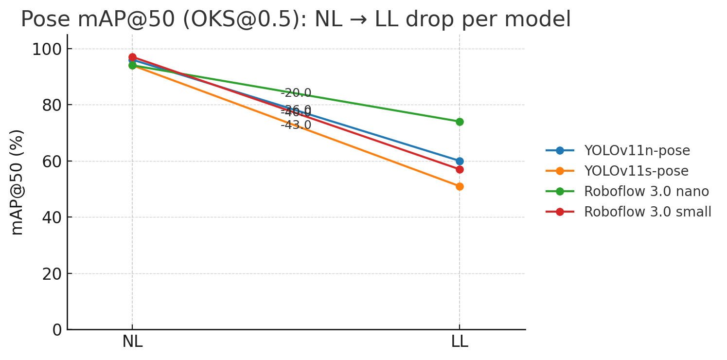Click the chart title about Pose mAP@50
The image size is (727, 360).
pyautogui.click(x=296, y=19)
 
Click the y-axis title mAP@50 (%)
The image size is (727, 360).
pyautogui.click(x=17, y=182)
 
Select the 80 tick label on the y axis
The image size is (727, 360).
pyautogui.click(x=51, y=105)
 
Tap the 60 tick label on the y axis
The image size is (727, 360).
pyautogui.click(x=51, y=162)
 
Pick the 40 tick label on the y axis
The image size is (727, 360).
pyautogui.click(x=51, y=217)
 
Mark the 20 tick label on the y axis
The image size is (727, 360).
pyautogui.click(x=51, y=274)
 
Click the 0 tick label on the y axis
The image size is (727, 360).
pyautogui.click(x=57, y=330)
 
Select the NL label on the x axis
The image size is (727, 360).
pyautogui.click(x=132, y=342)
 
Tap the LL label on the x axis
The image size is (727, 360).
pyautogui.click(x=460, y=342)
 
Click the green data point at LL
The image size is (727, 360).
pyautogui.click(x=460, y=122)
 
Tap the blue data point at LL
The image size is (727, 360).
pyautogui.click(x=460, y=161)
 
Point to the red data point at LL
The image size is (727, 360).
pyautogui.click(x=460, y=169)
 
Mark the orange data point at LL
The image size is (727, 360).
pyautogui.click(x=460, y=186)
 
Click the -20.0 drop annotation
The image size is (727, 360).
pyautogui.click(x=296, y=93)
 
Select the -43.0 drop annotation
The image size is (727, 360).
pyautogui.click(x=296, y=126)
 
